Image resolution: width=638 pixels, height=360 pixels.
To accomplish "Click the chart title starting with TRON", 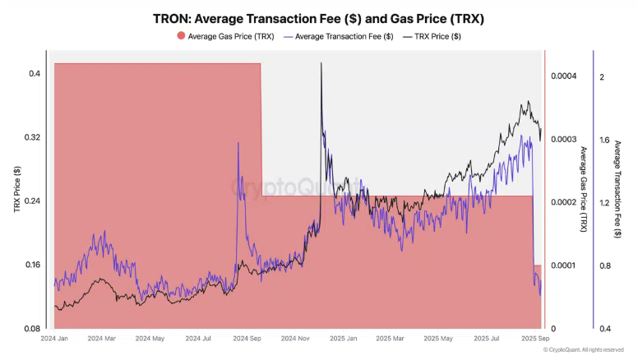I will click(320, 17).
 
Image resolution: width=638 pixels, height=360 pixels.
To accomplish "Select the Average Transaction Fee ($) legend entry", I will click(338, 36).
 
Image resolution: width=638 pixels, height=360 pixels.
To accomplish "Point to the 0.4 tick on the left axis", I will click(35, 74).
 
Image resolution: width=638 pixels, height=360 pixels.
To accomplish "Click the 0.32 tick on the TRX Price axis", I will click(33, 137).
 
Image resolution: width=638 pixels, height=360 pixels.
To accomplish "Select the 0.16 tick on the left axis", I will click(33, 265).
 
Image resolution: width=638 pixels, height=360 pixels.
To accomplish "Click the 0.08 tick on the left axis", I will click(33, 328).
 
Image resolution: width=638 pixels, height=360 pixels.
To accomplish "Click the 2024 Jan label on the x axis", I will click(55, 339).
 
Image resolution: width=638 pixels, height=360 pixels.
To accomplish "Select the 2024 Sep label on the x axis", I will click(247, 339).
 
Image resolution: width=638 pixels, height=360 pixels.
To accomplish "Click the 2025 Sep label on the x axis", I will click(536, 339).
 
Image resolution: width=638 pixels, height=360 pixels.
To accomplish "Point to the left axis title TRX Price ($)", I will click(16, 190).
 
